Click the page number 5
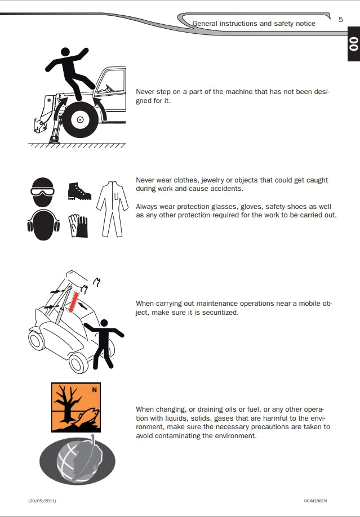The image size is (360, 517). [x=340, y=20]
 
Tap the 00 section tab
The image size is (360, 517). [x=354, y=44]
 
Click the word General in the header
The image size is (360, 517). [x=205, y=24]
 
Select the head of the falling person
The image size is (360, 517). [x=65, y=52]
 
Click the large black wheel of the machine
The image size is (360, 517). [x=80, y=120]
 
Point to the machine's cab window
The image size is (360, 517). [x=112, y=81]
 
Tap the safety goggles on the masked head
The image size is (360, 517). [x=43, y=191]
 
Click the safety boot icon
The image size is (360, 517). [x=79, y=191]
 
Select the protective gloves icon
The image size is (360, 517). [x=78, y=226]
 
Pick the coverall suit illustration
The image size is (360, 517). [x=112, y=209]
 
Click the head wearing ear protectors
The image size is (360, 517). [x=43, y=225]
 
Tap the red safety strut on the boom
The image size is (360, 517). [x=73, y=302]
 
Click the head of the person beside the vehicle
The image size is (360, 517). [x=104, y=323]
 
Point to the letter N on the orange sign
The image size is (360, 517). [x=95, y=390]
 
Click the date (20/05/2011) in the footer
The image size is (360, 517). [x=42, y=501]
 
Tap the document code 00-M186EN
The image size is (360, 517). [x=315, y=501]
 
